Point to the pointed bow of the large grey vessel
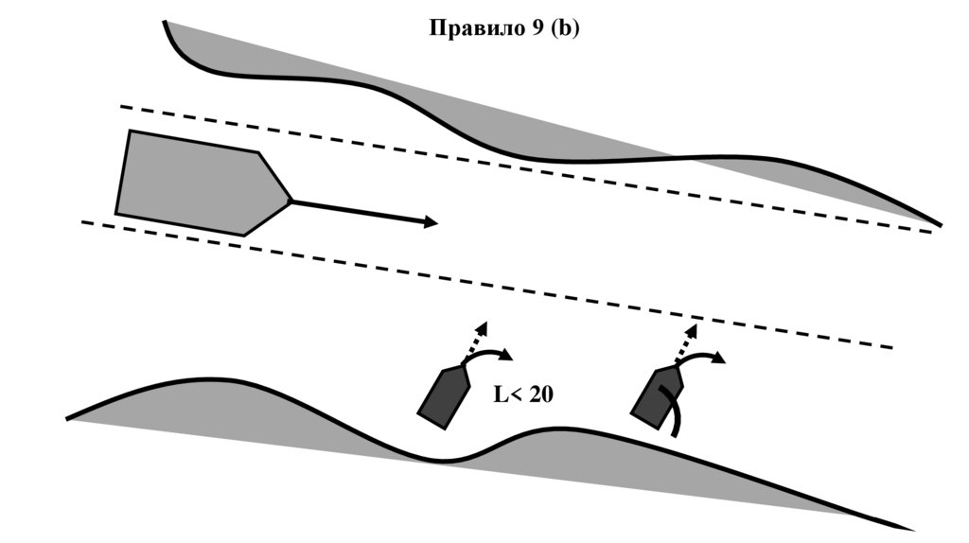click(289, 201)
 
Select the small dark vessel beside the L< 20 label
click(445, 395)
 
